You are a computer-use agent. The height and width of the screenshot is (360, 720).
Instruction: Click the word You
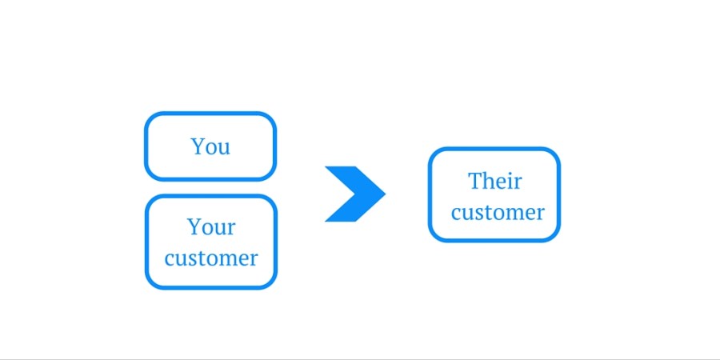[x=210, y=146]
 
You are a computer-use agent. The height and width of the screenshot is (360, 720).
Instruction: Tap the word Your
[x=211, y=227]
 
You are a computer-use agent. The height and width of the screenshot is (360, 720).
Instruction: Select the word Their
[x=495, y=181]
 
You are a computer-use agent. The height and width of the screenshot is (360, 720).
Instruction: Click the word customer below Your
[x=211, y=258]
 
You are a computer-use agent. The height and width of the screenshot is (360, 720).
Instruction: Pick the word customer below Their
[x=498, y=212]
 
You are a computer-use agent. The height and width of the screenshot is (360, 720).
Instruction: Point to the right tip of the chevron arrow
[x=386, y=194]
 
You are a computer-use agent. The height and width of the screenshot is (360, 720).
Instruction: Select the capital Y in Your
[x=194, y=227]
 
